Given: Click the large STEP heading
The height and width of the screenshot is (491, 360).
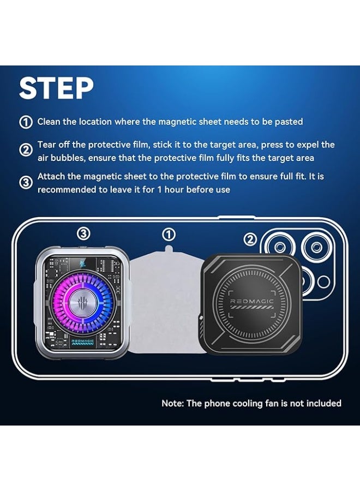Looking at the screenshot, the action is tap(56, 88).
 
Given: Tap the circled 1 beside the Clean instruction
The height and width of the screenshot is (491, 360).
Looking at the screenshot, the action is tap(26, 122).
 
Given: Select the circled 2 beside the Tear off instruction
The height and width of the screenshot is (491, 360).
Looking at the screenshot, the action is tap(26, 151).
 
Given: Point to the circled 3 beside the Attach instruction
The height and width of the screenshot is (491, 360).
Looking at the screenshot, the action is tap(26, 183).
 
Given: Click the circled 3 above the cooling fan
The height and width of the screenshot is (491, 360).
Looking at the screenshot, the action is tap(83, 233).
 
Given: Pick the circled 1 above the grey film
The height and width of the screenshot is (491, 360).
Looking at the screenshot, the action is tap(169, 235).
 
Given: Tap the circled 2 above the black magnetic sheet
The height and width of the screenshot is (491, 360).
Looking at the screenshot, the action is tap(250, 240).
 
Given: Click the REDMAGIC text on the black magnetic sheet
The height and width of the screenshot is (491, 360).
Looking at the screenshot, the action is tap(251, 301).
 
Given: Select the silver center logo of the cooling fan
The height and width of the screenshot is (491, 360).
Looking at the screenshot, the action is tap(82, 302).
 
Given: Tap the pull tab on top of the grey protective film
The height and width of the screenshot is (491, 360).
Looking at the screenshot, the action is tap(169, 249).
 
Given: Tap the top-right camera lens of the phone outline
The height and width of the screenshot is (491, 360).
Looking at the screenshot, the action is tap(316, 247).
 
